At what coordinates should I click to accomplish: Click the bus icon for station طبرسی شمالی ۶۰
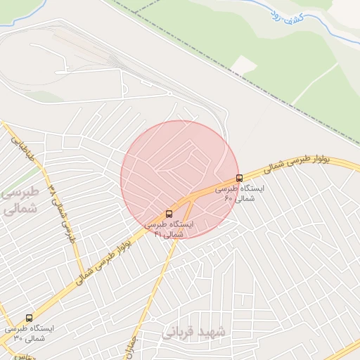pos(239,178)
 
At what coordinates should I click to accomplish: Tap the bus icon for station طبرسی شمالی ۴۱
pos(169,213)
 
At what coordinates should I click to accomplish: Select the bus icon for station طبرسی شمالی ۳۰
pos(29,318)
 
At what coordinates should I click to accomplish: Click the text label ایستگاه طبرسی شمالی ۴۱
pos(170,229)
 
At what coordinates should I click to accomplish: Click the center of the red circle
pos(180,179)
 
